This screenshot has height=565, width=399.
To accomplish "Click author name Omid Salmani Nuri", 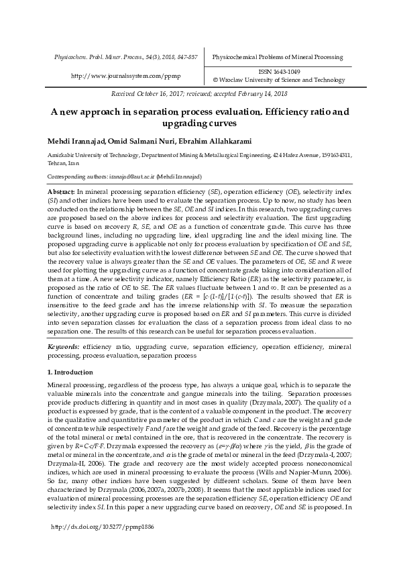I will (x=139, y=142).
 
